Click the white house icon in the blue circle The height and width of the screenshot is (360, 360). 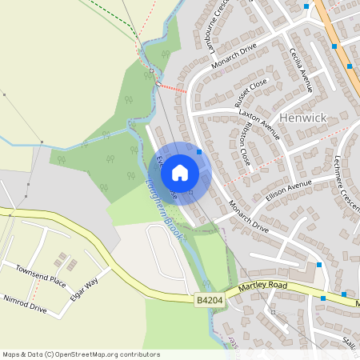pyautogui.click(x=180, y=172)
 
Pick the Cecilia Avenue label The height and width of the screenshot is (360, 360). pyautogui.click(x=302, y=67)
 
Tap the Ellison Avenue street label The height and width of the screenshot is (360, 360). pyautogui.click(x=286, y=190)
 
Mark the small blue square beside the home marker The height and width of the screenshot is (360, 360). pyautogui.click(x=198, y=151)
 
